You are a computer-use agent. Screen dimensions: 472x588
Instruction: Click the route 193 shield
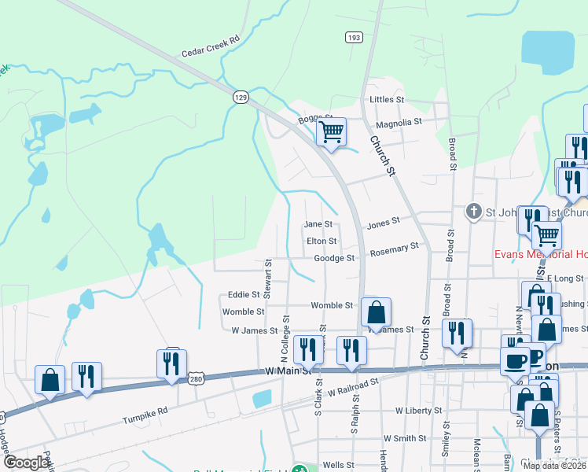[x=353, y=37]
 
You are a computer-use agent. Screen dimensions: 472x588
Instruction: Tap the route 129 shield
[x=241, y=96]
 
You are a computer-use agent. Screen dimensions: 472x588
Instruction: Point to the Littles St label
[x=386, y=100]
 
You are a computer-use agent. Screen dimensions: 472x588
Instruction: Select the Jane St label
[x=318, y=224]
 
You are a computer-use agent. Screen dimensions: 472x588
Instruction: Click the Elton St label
[x=322, y=241]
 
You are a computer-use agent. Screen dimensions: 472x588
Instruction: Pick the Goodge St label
[x=334, y=257]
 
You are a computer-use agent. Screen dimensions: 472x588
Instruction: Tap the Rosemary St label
[x=394, y=249]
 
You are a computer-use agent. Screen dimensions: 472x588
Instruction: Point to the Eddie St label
[x=244, y=295]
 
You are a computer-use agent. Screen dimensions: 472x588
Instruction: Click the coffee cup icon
[x=515, y=360]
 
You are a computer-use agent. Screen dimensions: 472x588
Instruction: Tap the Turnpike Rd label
[x=145, y=411]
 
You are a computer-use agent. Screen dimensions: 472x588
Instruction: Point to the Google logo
[x=26, y=463]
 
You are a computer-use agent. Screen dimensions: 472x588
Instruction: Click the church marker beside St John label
[x=473, y=211]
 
